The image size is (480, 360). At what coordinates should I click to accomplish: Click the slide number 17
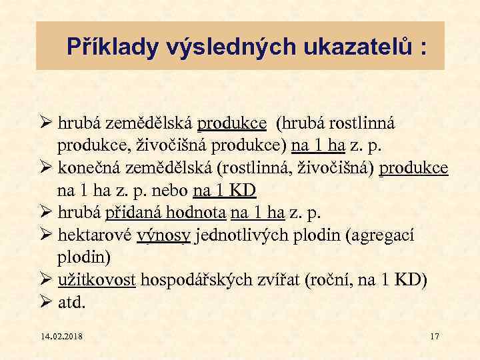pos(435,336)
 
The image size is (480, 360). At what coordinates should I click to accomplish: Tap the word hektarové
pos(95,235)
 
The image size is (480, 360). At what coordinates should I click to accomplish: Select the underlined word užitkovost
pos(97,280)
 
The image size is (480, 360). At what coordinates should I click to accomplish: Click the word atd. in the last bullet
pos(72,303)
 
